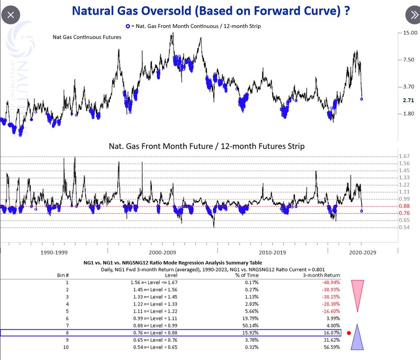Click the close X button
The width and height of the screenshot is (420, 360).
click(11, 16)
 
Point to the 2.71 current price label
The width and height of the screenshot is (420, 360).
click(408, 101)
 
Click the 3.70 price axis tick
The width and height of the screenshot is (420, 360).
click(408, 87)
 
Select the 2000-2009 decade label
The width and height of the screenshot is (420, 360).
click(162, 253)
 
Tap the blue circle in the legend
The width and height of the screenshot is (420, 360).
click(128, 26)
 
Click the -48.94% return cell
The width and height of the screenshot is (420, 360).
click(331, 282)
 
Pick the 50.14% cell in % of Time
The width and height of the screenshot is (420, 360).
click(250, 326)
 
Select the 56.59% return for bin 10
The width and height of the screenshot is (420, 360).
click(331, 347)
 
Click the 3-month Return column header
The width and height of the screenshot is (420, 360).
click(321, 275)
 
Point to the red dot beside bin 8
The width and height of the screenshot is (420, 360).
click(349, 333)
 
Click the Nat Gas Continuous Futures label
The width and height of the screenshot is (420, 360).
click(87, 37)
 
